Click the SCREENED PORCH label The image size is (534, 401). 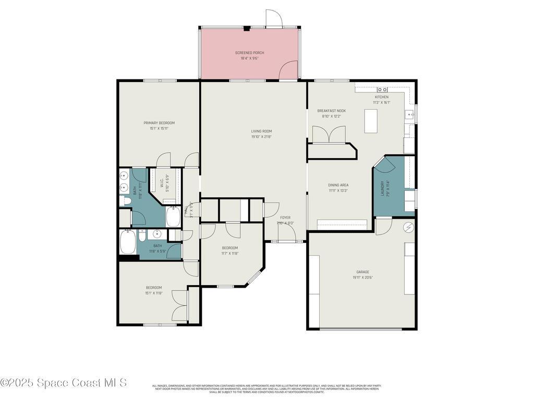[249, 53]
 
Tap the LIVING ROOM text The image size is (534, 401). [261, 131]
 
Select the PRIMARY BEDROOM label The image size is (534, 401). [159, 123]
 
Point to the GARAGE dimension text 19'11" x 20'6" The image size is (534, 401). [362, 277]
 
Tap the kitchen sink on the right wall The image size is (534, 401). [410, 114]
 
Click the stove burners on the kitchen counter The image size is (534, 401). [382, 90]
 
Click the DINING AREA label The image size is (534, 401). [338, 185]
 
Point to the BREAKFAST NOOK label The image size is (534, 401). [331, 111]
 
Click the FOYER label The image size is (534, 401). [285, 217]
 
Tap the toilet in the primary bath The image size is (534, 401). [125, 200]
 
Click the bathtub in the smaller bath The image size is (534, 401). [128, 242]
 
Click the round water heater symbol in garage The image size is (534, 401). [408, 227]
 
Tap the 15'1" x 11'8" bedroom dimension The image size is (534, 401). [154, 293]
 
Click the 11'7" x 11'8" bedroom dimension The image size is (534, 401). [230, 253]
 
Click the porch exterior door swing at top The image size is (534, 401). [274, 18]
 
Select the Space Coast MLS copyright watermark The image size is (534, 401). [64, 383]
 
